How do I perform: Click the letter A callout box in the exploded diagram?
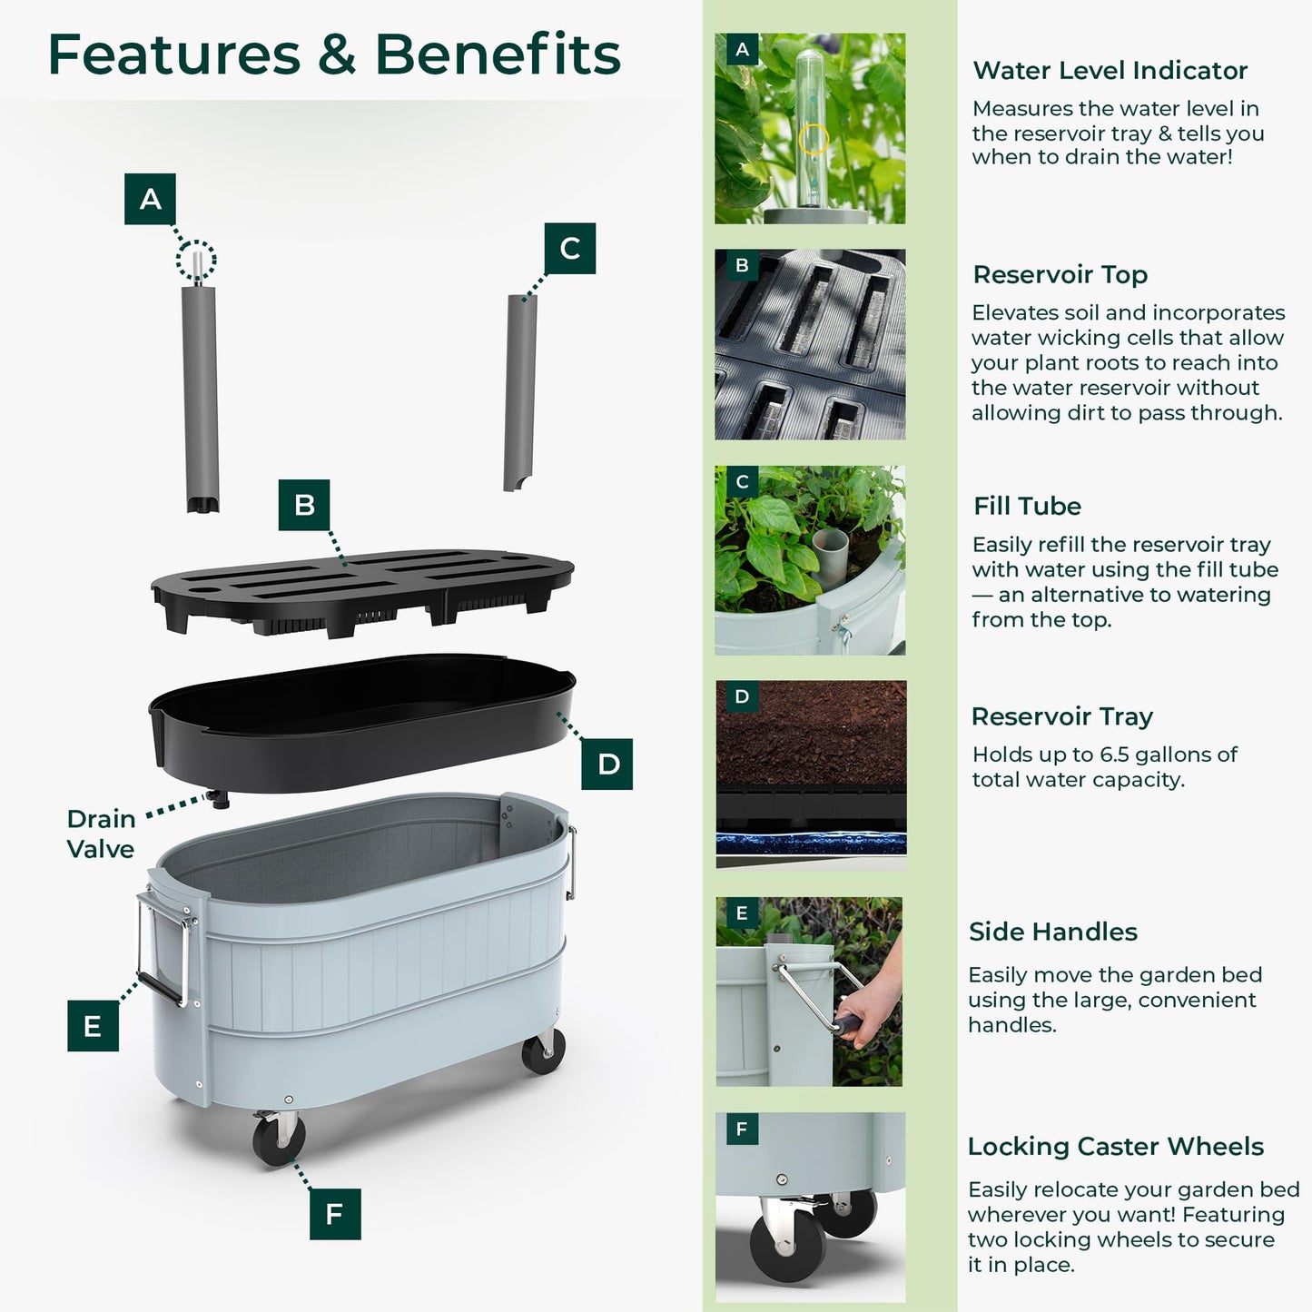pos(150,199)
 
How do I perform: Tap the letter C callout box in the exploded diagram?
pos(570,249)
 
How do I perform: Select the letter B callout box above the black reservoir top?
pos(303,505)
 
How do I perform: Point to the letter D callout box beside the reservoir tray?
pos(607,764)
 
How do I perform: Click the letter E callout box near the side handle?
pos(93,1025)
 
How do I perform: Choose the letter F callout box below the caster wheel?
pos(335,1214)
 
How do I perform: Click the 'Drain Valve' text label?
pos(101,834)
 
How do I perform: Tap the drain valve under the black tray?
pos(219,799)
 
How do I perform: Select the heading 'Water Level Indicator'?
pos(1110,70)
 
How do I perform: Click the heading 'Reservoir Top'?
pos(1060,274)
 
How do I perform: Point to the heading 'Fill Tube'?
pos(1027,506)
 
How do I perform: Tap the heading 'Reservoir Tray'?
pos(1062,716)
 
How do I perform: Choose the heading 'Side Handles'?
pos(1052,932)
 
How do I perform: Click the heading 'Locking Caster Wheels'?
pos(1115,1147)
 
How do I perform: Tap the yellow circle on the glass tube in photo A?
pos(813,140)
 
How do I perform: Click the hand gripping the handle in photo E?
pos(865,1009)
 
